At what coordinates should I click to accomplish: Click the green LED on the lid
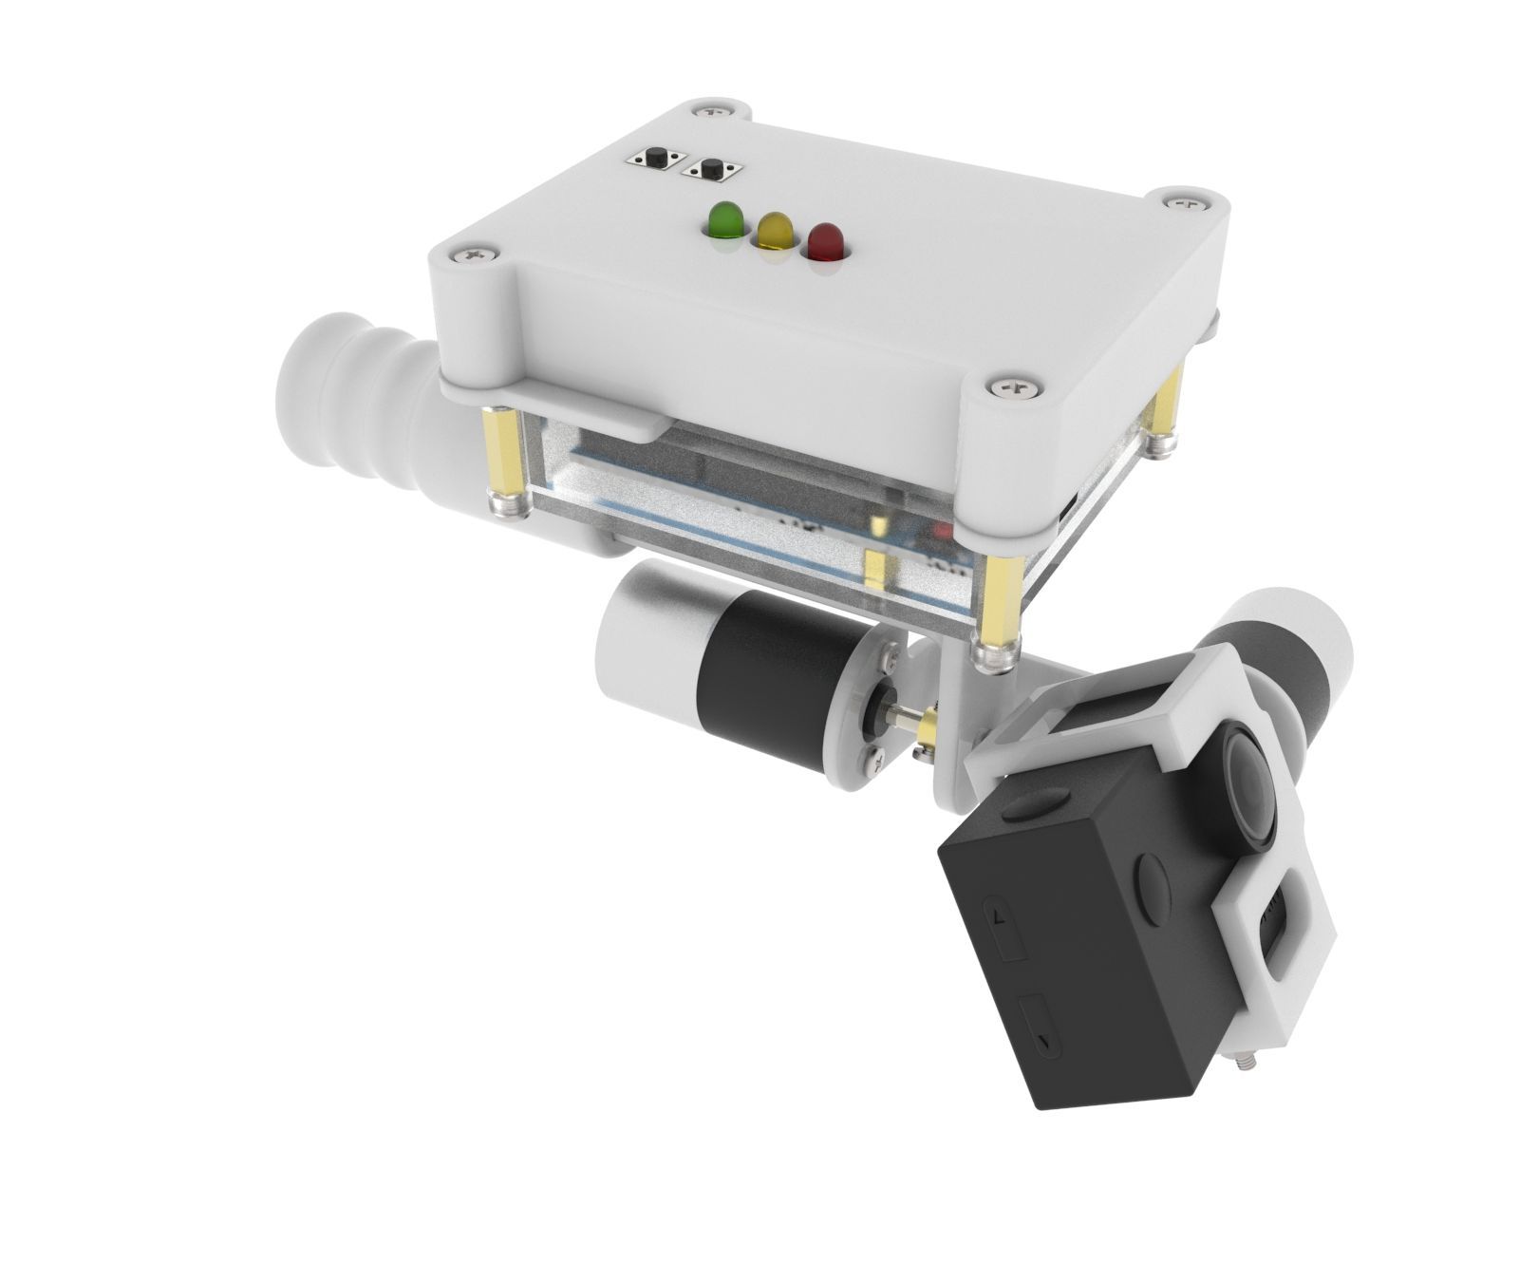point(726,220)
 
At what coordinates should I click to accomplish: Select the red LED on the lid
point(825,241)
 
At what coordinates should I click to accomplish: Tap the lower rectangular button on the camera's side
point(1041,1030)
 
